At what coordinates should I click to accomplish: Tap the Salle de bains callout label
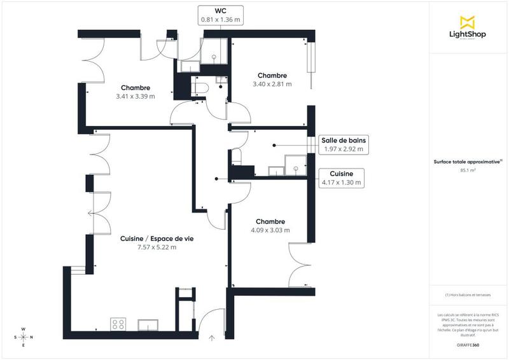tap(344, 145)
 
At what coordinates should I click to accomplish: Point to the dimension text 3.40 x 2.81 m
tap(272, 84)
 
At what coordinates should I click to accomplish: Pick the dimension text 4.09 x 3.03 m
tap(270, 230)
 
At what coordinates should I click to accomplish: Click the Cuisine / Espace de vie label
tap(157, 239)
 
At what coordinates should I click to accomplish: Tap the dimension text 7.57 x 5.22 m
tap(157, 247)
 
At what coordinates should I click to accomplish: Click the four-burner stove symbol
tap(118, 324)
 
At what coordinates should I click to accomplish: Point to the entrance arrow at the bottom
tap(212, 338)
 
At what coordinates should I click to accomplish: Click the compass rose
tap(24, 337)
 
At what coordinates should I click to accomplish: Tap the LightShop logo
tap(468, 29)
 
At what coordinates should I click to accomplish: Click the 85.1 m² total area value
tap(468, 170)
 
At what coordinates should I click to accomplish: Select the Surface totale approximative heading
tap(468, 162)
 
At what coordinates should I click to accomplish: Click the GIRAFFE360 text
tap(468, 343)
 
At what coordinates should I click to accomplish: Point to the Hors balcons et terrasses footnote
tap(468, 294)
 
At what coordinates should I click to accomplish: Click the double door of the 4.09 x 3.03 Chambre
tap(299, 267)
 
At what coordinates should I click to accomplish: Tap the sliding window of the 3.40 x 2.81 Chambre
tap(311, 64)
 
